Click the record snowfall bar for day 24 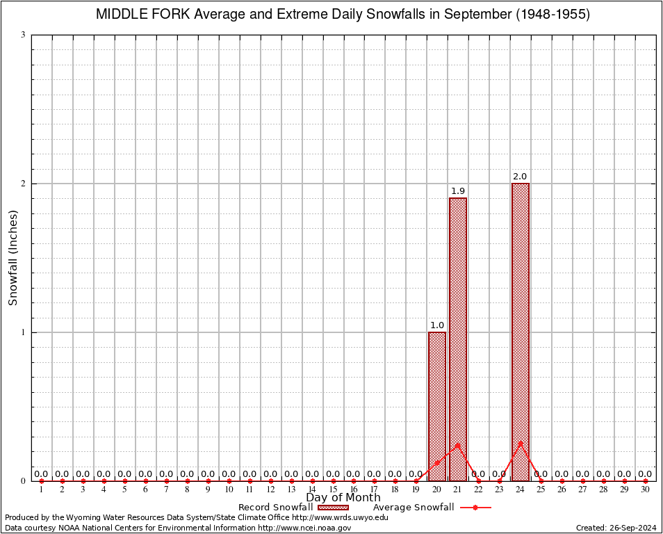tap(521, 332)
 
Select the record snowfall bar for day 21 tap(458, 339)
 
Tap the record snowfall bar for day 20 tap(437, 406)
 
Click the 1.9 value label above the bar tap(458, 191)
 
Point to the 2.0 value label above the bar tap(521, 177)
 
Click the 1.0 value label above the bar tap(437, 325)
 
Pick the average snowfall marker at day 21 tap(458, 444)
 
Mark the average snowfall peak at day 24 tap(521, 442)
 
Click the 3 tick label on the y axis tap(24, 35)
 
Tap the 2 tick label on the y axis tap(24, 184)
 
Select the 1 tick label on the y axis tap(24, 332)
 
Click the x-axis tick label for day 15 tap(333, 490)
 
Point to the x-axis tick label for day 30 tap(645, 490)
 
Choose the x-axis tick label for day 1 tap(42, 490)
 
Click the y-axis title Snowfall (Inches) tap(13, 257)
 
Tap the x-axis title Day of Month tap(343, 498)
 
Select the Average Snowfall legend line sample tap(475, 508)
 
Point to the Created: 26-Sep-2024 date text tap(616, 528)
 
